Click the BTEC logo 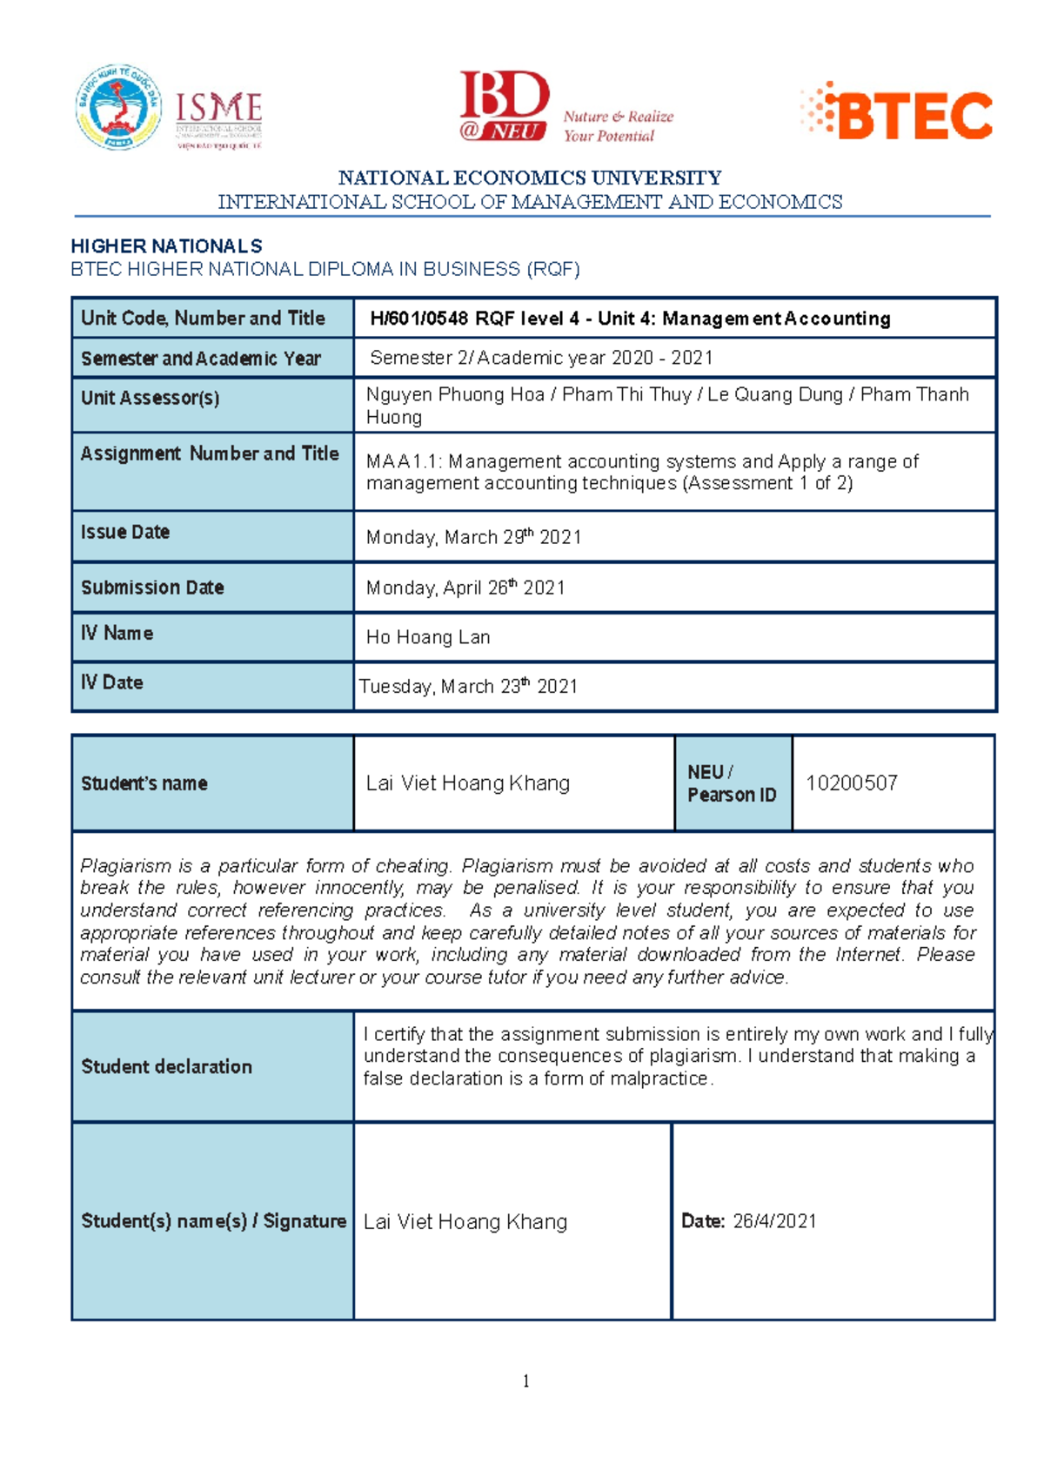[898, 112]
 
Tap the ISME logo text [218, 109]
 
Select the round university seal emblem [118, 107]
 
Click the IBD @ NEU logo [505, 107]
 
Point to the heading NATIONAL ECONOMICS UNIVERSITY [530, 178]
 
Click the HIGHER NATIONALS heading [166, 246]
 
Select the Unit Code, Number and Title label [203, 319]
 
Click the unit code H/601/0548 [419, 319]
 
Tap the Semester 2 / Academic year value [541, 358]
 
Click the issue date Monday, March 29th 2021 [473, 537]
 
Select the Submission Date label [152, 588]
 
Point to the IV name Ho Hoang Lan [428, 637]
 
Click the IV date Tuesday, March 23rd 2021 [469, 687]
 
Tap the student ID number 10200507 [851, 783]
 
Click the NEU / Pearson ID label [732, 783]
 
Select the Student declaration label [166, 1066]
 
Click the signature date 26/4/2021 [774, 1221]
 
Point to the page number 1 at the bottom [525, 1381]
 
